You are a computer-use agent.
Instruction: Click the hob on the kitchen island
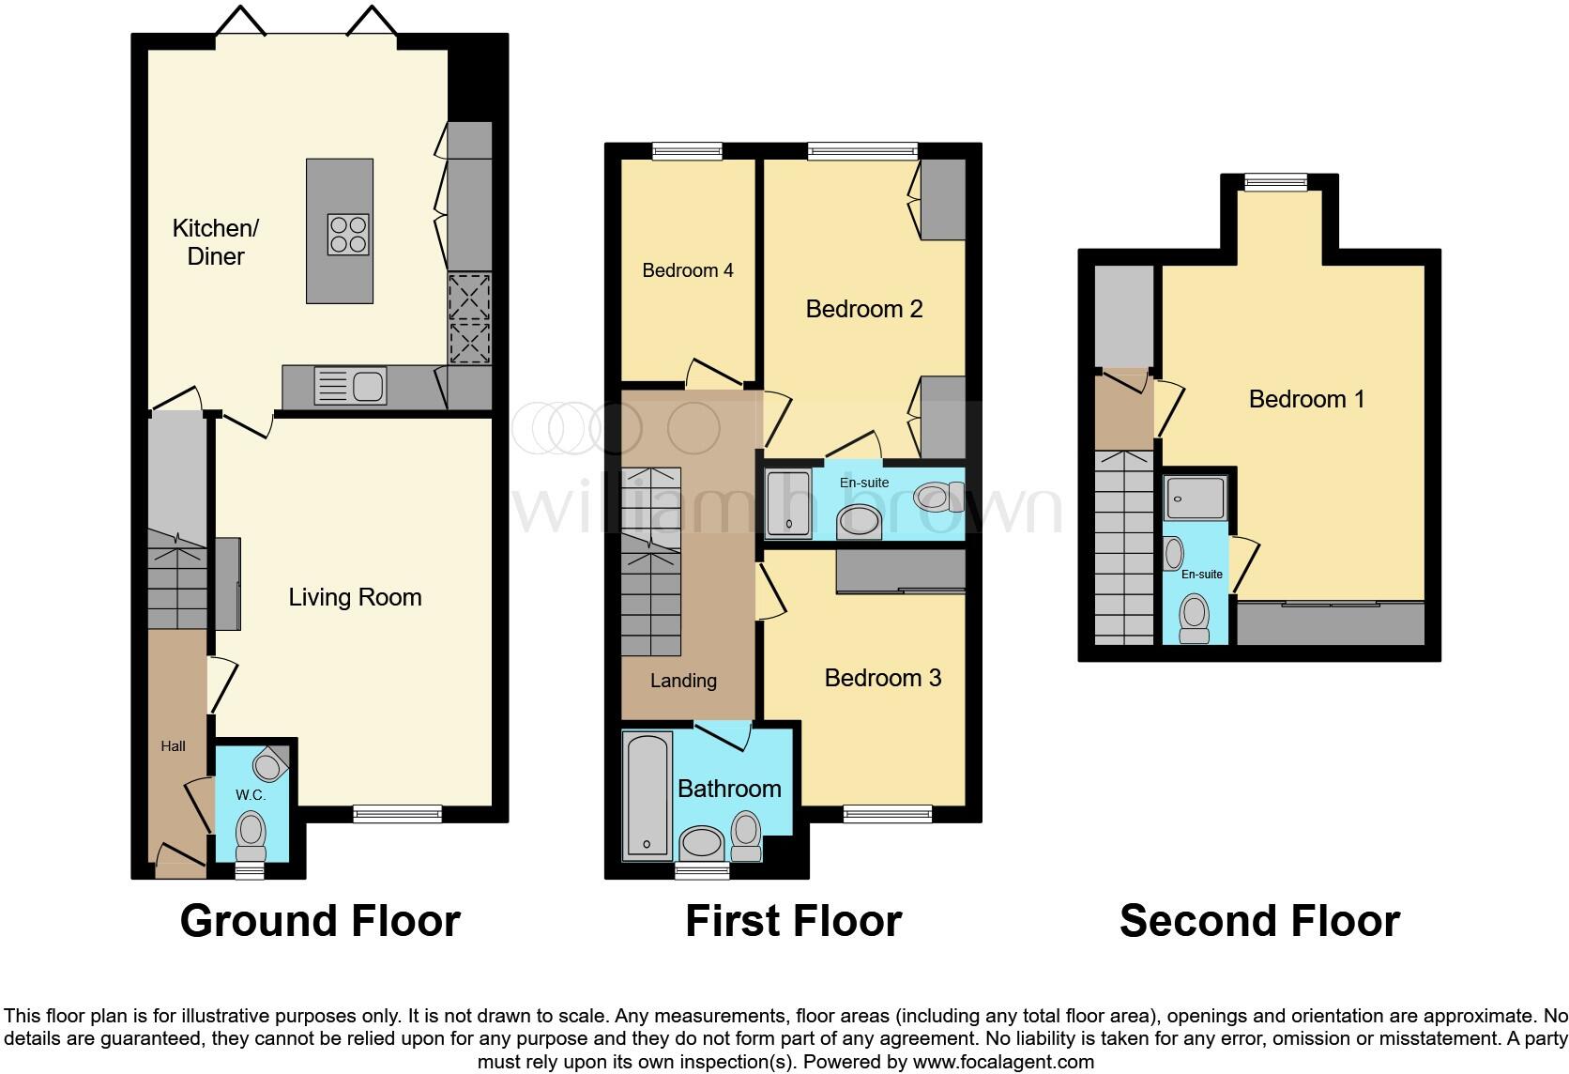point(348,235)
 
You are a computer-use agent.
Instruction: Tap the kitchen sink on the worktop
point(350,386)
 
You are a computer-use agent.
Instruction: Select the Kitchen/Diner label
point(216,242)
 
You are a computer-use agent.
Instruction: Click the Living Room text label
point(355,597)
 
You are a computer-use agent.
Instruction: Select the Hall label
point(173,746)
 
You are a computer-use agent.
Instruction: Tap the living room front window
point(398,813)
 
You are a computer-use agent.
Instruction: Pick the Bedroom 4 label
point(688,270)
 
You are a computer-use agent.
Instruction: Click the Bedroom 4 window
point(688,150)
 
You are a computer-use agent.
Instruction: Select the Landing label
point(683,681)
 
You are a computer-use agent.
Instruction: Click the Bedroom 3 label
point(882,678)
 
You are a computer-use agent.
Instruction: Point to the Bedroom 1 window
point(1276,182)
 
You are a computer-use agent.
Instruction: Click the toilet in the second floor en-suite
point(1195,619)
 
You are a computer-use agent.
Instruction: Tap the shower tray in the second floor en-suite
point(1195,498)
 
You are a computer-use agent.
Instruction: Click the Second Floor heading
point(1259,921)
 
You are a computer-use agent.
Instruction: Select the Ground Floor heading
point(320,921)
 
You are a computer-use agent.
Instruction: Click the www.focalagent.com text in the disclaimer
point(1003,1063)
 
